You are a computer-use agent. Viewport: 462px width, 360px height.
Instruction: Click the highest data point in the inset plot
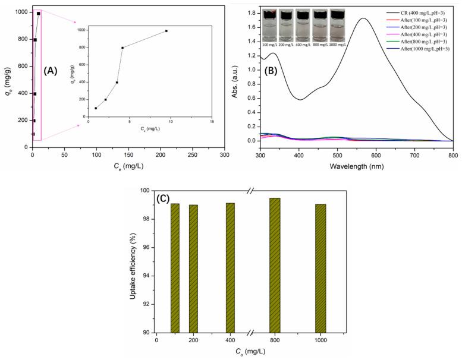pyautogui.click(x=166, y=31)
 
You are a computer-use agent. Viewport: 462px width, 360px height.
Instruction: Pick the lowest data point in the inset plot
pyautogui.click(x=96, y=108)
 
